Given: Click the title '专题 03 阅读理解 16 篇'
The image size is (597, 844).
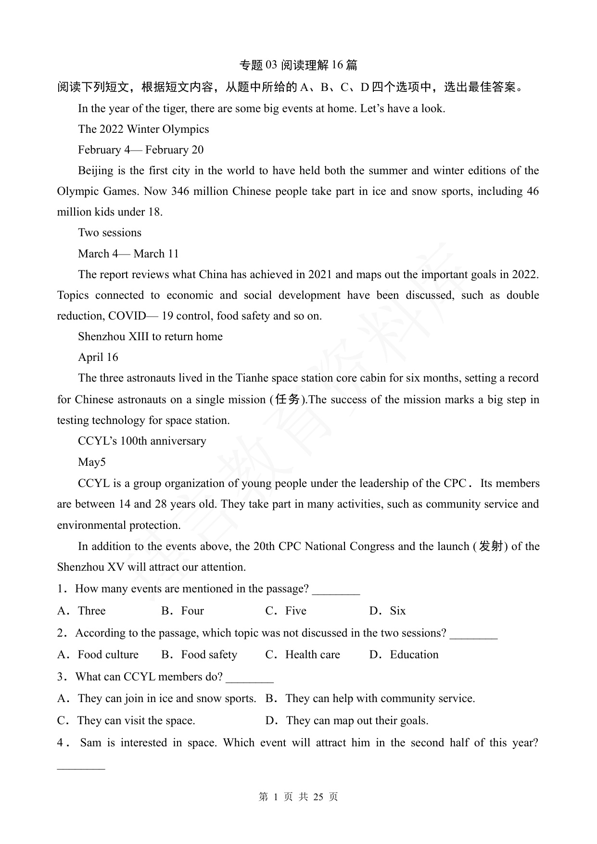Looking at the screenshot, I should coord(298,65).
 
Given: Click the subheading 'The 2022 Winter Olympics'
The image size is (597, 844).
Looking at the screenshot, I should coord(143,129).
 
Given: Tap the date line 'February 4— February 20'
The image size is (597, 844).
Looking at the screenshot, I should coord(140,150).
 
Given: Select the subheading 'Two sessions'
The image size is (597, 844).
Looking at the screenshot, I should coord(110,233).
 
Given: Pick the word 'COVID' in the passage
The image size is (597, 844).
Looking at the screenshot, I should coord(127,316).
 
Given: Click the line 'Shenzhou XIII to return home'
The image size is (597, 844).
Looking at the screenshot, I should coord(150,337).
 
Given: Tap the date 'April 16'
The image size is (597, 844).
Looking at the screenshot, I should coord(98,358).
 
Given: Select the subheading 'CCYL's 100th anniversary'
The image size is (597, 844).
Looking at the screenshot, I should coord(142,441).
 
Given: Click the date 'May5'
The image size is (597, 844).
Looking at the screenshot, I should coord(92,462).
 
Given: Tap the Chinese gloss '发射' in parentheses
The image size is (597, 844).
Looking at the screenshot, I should coord(491,546).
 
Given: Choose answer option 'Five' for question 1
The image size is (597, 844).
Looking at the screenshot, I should coord(295,611).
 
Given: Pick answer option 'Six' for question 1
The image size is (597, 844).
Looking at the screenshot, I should coord(397,611).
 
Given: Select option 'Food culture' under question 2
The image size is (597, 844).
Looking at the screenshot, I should coord(108,655).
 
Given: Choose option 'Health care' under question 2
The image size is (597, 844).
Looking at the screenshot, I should coord(312,655).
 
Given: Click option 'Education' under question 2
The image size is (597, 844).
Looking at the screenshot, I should coord(414,655).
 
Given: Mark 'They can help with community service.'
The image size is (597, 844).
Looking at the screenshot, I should coord(380,699).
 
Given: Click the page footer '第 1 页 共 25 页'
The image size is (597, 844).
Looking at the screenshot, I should coord(298,797).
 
